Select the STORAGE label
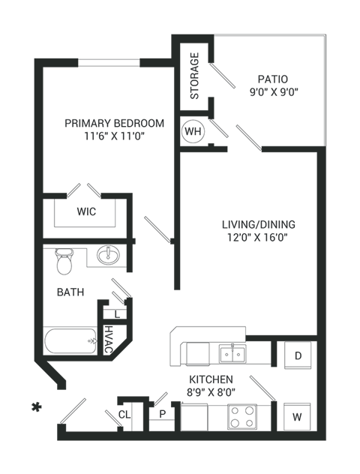194,76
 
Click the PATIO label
273,79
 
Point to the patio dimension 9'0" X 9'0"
273,92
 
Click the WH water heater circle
193,130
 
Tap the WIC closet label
85,211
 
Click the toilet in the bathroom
65,260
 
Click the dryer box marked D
298,355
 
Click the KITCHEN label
211,379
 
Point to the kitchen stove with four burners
241,416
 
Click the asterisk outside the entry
34,408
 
